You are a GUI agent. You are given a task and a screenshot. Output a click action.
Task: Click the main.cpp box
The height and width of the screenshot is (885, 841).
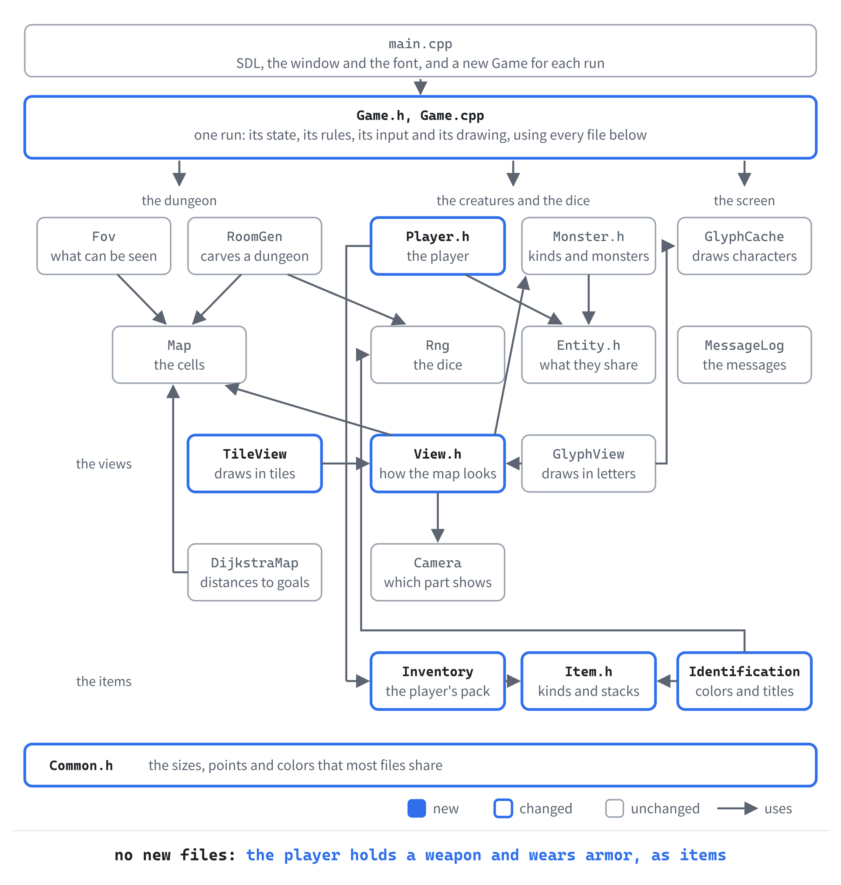click(x=420, y=51)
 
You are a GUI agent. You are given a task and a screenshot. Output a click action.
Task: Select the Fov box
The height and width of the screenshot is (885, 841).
click(x=104, y=246)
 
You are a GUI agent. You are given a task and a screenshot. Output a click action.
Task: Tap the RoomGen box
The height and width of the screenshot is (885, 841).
click(x=255, y=246)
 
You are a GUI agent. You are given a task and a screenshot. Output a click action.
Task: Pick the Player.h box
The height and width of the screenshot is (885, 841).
click(x=438, y=246)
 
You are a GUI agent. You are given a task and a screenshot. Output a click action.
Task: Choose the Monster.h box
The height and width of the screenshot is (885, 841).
click(x=589, y=246)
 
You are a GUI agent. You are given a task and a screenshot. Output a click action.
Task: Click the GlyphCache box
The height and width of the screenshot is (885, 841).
click(x=744, y=246)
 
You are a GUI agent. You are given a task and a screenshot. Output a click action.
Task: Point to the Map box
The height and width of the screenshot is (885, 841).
click(x=179, y=354)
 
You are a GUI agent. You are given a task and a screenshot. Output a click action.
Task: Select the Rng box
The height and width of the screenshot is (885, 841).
click(x=438, y=354)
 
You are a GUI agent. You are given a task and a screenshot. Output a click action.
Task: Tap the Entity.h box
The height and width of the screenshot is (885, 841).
click(x=589, y=354)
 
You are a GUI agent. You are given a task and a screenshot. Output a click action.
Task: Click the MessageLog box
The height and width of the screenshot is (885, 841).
click(x=744, y=354)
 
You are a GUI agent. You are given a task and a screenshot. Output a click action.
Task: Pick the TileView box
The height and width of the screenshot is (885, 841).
click(x=255, y=463)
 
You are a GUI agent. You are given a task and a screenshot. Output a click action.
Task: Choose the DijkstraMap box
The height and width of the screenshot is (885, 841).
click(x=255, y=572)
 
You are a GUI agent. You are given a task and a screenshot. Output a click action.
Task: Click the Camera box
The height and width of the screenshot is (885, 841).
click(x=438, y=572)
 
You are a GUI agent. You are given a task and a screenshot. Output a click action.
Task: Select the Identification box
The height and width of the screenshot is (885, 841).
click(x=744, y=681)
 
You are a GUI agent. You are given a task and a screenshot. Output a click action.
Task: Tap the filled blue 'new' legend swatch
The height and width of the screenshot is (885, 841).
click(x=416, y=808)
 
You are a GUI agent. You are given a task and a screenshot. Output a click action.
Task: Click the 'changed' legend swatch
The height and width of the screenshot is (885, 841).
click(x=503, y=808)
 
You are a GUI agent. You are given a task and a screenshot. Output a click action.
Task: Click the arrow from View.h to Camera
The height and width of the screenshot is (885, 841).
click(x=438, y=518)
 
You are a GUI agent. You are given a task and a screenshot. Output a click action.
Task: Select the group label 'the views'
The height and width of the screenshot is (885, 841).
click(x=104, y=464)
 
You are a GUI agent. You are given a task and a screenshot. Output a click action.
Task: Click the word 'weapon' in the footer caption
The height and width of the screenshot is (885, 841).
click(x=453, y=855)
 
